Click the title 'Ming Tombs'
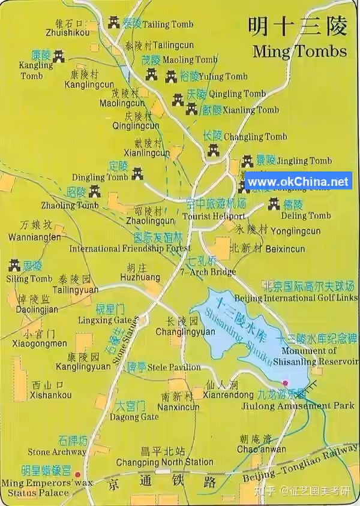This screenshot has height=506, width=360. [x=299, y=50]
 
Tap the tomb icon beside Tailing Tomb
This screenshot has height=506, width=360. [x=114, y=23]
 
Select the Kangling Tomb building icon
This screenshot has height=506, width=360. [x=58, y=56]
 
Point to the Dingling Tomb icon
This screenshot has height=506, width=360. [x=137, y=173]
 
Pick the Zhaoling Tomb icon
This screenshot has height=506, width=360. [x=94, y=192]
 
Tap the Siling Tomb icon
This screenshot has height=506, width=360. [x=15, y=266]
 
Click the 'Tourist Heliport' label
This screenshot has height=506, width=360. [x=214, y=216]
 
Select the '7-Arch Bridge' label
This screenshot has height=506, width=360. [x=208, y=272]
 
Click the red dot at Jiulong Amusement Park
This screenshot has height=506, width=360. [x=285, y=383]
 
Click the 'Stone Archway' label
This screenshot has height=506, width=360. [x=56, y=452]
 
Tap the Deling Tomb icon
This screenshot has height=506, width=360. [x=273, y=205]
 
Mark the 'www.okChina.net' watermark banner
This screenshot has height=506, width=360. [x=298, y=182]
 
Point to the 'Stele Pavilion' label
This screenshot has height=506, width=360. [x=174, y=367]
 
